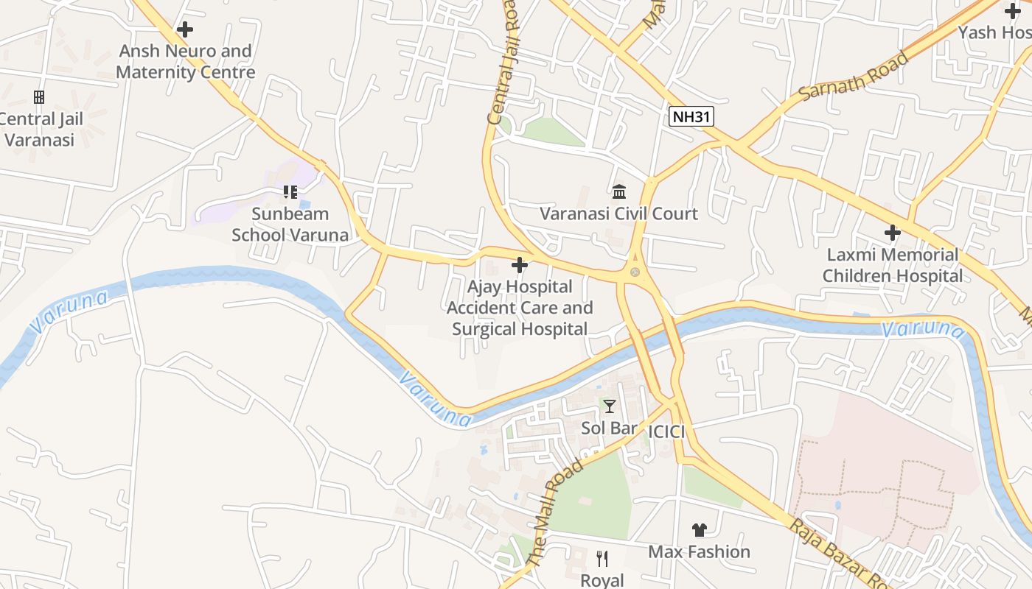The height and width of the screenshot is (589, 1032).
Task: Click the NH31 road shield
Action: pos(691,116)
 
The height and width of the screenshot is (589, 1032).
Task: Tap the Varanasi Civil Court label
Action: pos(618,214)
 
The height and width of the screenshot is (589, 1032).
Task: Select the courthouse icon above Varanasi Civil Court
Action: pos(619,192)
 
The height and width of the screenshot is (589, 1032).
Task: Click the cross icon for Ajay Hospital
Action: pos(520,265)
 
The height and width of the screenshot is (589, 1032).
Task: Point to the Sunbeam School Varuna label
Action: pos(290,224)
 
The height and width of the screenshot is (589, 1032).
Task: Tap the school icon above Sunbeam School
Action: pos(290,192)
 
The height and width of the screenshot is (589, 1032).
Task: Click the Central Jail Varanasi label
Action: pos(41,129)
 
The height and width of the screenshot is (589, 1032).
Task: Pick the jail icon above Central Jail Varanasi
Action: pos(39,97)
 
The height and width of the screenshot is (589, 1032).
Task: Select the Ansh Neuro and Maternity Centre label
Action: pos(186,62)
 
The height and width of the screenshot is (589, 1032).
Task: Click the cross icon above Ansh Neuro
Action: pos(185,29)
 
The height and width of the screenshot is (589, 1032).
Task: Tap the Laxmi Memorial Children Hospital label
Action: pos(893,266)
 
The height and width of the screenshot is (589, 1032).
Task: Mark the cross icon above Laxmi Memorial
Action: pos(893,233)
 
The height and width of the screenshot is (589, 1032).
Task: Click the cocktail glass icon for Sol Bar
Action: pos(609,406)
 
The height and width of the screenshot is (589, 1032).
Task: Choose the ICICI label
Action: pos(666,431)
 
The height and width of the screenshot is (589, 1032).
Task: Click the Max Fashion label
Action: pos(699,551)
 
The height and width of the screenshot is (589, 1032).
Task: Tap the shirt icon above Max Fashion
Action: pos(699,530)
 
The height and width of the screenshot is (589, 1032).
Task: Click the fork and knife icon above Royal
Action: pos(602,559)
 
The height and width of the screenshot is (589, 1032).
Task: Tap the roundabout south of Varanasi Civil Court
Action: pos(635,272)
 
